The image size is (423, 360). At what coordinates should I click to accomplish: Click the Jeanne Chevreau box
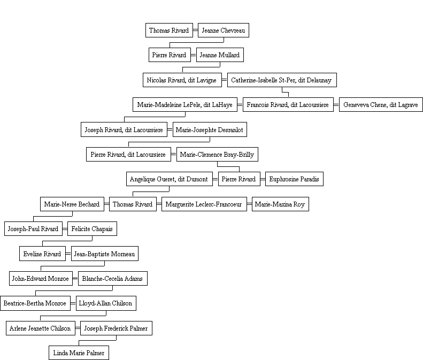click(x=224, y=30)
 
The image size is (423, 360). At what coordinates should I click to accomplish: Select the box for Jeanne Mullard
click(x=220, y=55)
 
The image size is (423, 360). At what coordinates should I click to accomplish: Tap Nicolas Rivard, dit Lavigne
click(x=182, y=80)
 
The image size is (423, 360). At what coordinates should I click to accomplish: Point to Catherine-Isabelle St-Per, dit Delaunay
click(x=282, y=80)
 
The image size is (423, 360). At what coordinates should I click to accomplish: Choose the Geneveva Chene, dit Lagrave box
click(x=381, y=105)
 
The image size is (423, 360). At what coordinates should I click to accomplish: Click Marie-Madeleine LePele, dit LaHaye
click(x=185, y=105)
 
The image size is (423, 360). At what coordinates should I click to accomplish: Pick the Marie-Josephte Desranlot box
click(x=210, y=129)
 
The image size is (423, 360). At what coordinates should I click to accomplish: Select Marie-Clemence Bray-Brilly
click(x=217, y=155)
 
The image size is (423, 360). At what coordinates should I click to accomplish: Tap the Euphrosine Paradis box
click(x=294, y=179)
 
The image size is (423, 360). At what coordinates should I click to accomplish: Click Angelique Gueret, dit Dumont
click(x=170, y=179)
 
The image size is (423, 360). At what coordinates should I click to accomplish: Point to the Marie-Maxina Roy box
click(x=280, y=204)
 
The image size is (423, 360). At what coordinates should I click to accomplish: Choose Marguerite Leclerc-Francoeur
click(x=204, y=204)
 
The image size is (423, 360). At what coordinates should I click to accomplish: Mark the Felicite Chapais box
click(x=92, y=229)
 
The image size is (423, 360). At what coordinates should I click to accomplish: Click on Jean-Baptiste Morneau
click(x=105, y=254)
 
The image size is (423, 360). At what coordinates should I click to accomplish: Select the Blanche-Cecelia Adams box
click(x=113, y=279)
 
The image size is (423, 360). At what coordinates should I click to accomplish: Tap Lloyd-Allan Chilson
click(x=106, y=303)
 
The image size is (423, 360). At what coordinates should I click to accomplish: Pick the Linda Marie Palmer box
click(x=79, y=353)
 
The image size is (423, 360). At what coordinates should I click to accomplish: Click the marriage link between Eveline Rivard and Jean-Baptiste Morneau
click(x=68, y=254)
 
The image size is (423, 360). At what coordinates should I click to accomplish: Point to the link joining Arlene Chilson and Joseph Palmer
click(x=78, y=328)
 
